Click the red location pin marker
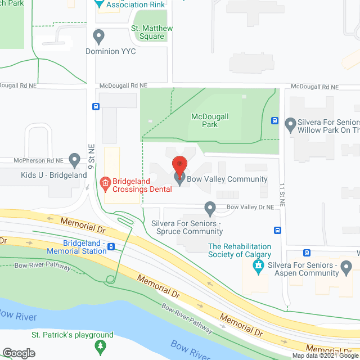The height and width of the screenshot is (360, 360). pos(179,164)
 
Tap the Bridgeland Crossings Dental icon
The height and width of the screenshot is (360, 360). pos(104,182)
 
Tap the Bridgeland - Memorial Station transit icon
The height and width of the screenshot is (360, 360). pos(111,246)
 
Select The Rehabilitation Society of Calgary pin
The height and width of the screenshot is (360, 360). pos(258,269)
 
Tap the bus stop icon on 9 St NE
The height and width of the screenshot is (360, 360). pos(96,106)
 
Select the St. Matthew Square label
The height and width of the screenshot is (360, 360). pos(152,33)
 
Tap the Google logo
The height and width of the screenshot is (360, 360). pos(19,353)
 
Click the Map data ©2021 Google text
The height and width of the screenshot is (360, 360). pos(325,355)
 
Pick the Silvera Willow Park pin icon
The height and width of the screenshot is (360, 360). pos(291,123)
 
